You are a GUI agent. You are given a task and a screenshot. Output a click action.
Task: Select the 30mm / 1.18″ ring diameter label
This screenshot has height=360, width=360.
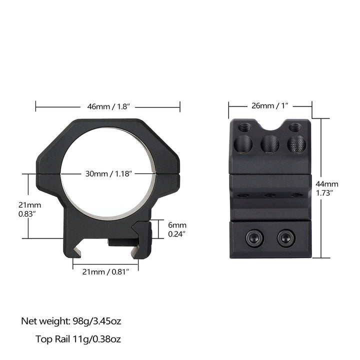click(108, 174)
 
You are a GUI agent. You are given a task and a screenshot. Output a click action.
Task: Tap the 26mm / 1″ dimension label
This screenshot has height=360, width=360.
click(269, 106)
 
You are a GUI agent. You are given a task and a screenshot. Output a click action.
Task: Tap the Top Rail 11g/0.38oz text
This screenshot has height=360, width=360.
click(78, 339)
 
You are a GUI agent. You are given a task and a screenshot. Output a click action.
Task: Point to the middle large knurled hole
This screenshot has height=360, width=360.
click(269, 144)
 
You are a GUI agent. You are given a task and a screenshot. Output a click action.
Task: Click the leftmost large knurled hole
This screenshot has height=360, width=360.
click(243, 144)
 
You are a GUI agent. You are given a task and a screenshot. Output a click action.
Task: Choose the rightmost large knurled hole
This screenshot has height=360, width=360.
click(295, 144)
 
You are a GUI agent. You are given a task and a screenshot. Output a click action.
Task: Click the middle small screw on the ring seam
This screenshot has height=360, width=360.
click(269, 195)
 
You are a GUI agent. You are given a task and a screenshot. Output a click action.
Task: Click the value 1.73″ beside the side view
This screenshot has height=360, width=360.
click(325, 192)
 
